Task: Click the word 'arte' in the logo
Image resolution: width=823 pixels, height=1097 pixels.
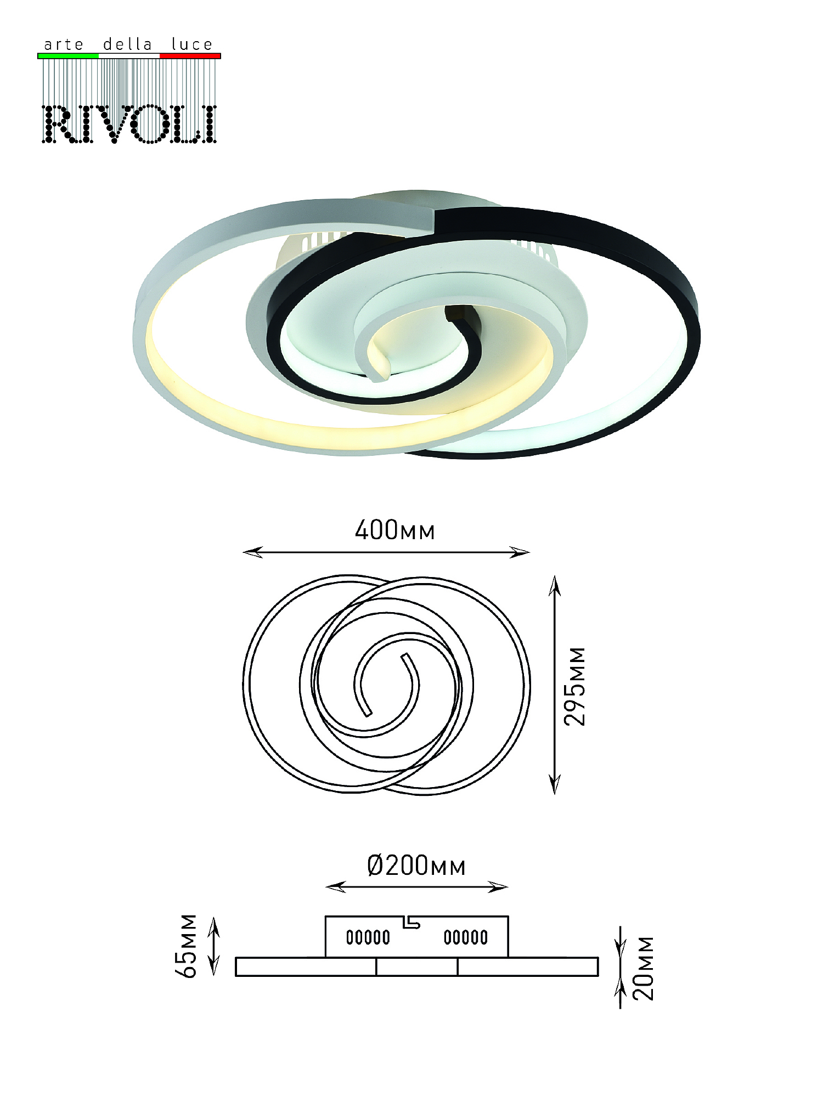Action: (x=64, y=44)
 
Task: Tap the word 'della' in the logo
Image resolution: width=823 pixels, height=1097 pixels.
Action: (x=127, y=44)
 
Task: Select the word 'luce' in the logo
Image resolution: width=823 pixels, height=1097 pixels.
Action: (x=191, y=44)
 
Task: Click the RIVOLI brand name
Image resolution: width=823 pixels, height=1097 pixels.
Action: (x=129, y=125)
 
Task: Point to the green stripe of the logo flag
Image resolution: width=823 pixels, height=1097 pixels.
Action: (x=68, y=56)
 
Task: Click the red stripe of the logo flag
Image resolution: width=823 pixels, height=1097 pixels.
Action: (x=190, y=56)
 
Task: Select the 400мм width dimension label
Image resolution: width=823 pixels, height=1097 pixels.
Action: (x=395, y=530)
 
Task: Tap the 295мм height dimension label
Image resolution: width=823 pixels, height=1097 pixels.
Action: (x=575, y=686)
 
